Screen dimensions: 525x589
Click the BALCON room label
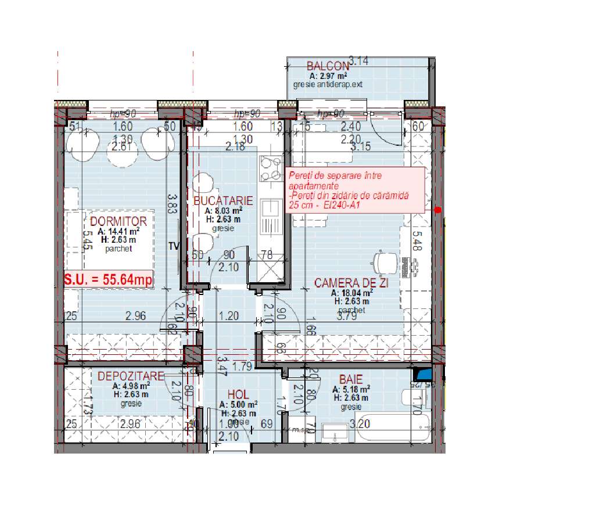[328, 66]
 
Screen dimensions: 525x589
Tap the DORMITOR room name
[118, 221]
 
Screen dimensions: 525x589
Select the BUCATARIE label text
[224, 201]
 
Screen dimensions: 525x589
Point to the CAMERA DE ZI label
[351, 283]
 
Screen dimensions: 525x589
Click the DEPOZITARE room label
[131, 376]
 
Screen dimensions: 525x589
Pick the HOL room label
[238, 395]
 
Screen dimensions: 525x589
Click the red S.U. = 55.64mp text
[109, 279]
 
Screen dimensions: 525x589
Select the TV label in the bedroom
[173, 246]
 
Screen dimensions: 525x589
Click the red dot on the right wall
[437, 210]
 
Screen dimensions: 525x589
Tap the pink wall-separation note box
[355, 189]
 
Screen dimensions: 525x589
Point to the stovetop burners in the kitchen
[270, 169]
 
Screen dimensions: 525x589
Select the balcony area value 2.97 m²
[328, 76]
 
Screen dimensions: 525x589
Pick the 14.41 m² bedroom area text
[118, 231]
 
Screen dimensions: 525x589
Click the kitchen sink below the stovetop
[270, 215]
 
